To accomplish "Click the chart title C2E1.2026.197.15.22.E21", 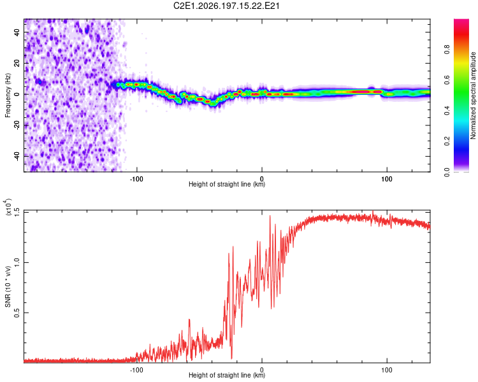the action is click(x=226, y=6).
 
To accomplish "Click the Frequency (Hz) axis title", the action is click(x=8, y=95).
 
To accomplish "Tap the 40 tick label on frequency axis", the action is click(x=17, y=32).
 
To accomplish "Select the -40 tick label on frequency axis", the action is click(x=17, y=157).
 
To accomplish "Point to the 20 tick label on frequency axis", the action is click(x=17, y=63).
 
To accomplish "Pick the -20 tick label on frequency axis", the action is click(x=17, y=125).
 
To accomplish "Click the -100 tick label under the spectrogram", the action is click(x=136, y=179).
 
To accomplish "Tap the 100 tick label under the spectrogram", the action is click(x=387, y=179).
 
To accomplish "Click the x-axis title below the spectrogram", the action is click(x=227, y=184).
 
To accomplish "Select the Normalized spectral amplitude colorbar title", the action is click(x=473, y=95).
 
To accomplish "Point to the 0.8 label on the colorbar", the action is click(x=447, y=50).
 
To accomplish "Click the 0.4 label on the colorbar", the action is click(x=447, y=111).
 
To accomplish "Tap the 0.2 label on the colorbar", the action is click(x=447, y=141).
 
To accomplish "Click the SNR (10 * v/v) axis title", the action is click(x=8, y=286).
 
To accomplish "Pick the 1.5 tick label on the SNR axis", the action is click(x=17, y=212).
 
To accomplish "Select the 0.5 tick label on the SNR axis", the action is click(x=17, y=313).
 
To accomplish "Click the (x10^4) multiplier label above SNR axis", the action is click(x=8, y=206).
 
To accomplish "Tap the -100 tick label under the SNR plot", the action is click(x=136, y=370).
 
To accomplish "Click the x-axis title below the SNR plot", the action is click(x=227, y=375).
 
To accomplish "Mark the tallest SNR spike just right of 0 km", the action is click(x=270, y=216).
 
